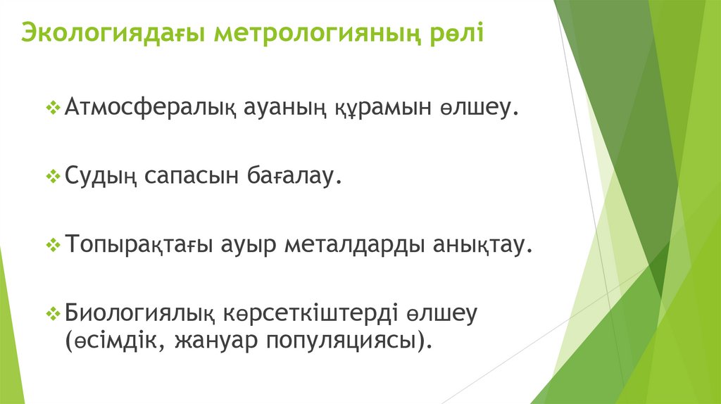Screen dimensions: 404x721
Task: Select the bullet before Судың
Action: [x=54, y=177]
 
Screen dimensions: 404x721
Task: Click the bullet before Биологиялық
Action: [x=54, y=312]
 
